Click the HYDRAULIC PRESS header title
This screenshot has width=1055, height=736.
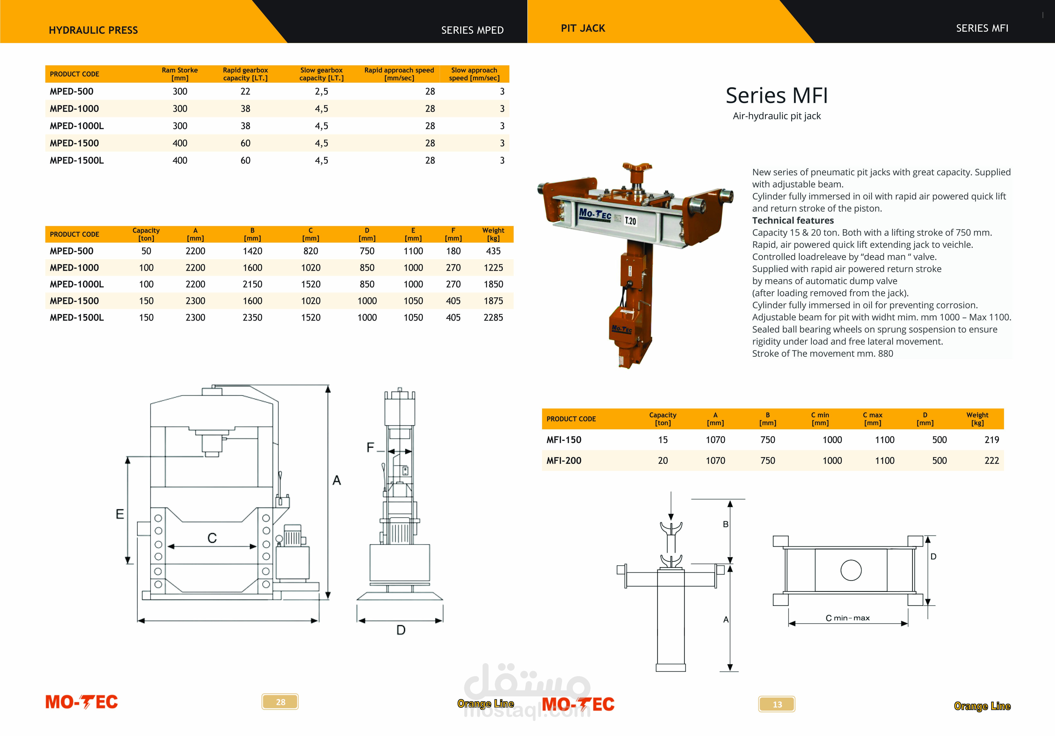coord(93,30)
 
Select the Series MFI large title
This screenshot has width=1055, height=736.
coord(776,96)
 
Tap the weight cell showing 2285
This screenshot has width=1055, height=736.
coord(493,317)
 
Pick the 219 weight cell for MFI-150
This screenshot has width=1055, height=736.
coord(992,440)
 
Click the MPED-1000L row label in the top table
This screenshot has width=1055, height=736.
coord(77,126)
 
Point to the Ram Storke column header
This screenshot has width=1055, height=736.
coord(180,74)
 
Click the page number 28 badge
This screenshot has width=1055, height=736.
coord(280,701)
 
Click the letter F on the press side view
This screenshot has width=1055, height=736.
coord(370,448)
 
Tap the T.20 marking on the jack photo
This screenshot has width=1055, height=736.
coord(631,221)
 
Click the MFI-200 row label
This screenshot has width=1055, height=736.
coord(564,460)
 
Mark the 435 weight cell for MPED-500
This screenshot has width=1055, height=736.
coord(493,251)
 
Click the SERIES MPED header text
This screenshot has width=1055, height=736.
coord(472,30)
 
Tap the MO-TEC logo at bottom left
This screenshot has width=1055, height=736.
coord(82,701)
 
